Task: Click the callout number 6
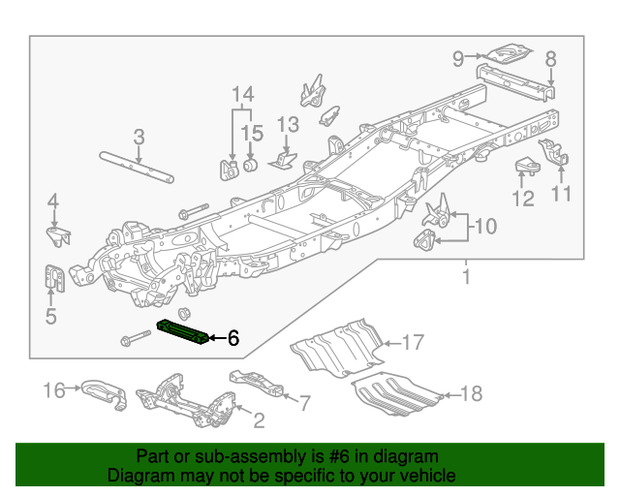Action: point(232,338)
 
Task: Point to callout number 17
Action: point(414,341)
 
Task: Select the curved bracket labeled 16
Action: point(101,390)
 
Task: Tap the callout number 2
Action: point(259,420)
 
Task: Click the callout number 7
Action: point(305,401)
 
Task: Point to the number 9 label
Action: point(459,59)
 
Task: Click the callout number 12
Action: point(523,200)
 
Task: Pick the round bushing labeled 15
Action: point(248,167)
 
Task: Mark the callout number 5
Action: point(50,315)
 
